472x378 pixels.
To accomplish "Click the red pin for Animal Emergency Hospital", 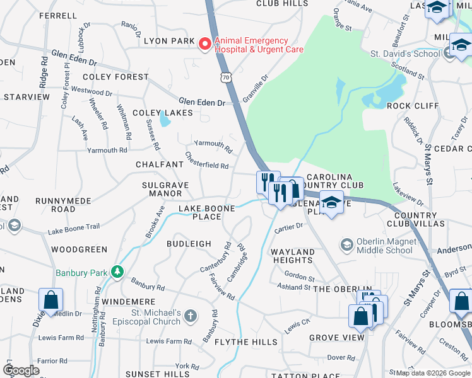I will (x=204, y=43).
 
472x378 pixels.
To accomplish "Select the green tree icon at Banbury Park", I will (x=116, y=272).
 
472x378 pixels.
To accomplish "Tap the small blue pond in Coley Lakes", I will (x=165, y=118).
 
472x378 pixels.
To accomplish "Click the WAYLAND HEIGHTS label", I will (x=293, y=256).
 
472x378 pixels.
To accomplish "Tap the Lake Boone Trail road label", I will (x=73, y=229).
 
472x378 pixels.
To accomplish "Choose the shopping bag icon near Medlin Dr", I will (x=50, y=301).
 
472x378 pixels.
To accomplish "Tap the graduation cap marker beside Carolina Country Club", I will (x=331, y=203).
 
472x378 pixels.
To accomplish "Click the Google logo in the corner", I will (x=21, y=370).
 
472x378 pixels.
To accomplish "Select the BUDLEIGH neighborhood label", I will (x=189, y=244).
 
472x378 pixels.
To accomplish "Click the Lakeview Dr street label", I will (x=408, y=193).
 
